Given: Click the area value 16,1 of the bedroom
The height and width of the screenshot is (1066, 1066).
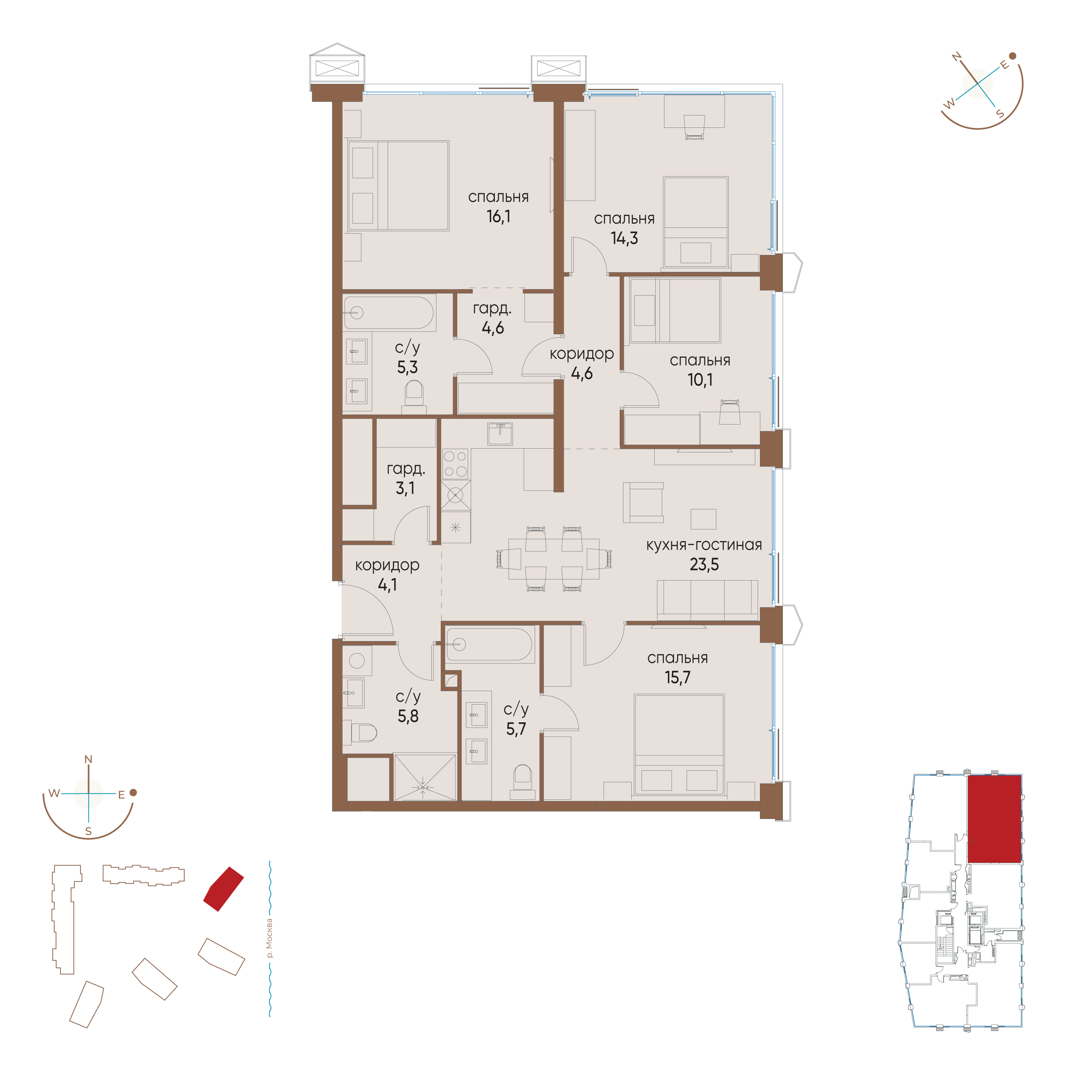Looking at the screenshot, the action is point(498,216).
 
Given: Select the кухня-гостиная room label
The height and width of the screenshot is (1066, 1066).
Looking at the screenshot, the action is point(704,545).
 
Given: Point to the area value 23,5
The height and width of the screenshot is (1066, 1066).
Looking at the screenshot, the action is point(704,564).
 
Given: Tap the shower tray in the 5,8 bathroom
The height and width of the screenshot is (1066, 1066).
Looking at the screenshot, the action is point(425,777).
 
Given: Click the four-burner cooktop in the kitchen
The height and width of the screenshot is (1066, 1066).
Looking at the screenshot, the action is point(455,464).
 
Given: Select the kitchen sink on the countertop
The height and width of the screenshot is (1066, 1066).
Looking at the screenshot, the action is point(500,434).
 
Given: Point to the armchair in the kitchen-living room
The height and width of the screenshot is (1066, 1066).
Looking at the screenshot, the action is point(643,503).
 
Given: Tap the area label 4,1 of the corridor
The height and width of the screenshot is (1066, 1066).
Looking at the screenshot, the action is point(387,585).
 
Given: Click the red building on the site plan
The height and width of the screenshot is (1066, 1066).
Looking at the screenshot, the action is point(223,888).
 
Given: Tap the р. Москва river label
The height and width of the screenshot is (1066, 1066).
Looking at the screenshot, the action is point(269,938).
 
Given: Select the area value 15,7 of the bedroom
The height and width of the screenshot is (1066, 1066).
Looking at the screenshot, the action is point(678,678).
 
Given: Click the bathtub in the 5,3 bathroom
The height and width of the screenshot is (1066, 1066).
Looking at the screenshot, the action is point(389,313).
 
